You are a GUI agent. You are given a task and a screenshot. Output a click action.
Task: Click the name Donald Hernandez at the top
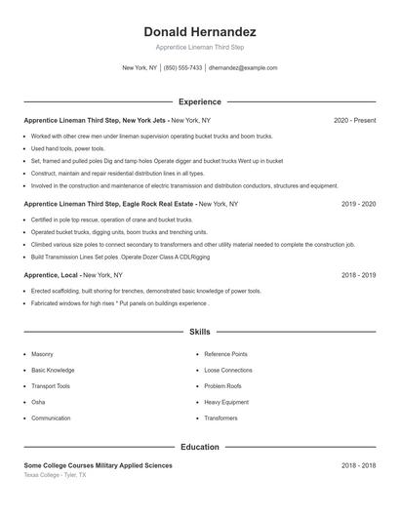pyautogui.click(x=200, y=31)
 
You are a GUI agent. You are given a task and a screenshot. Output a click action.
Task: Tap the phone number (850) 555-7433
pyautogui.click(x=182, y=68)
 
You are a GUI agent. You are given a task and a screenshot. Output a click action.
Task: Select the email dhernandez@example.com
pyautogui.click(x=243, y=68)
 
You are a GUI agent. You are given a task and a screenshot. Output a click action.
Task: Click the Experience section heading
pyautogui.click(x=200, y=101)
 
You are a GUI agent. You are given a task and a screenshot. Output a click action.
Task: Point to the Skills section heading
pyautogui.click(x=200, y=333)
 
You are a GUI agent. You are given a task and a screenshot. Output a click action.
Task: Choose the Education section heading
pyautogui.click(x=200, y=447)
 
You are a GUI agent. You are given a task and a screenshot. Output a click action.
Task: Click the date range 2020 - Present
pyautogui.click(x=354, y=120)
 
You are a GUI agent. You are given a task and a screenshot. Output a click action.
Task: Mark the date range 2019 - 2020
pyautogui.click(x=359, y=204)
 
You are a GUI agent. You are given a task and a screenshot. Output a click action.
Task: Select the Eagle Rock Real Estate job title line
pyautogui.click(x=131, y=204)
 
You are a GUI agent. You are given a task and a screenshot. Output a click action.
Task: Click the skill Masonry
pyautogui.click(x=42, y=354)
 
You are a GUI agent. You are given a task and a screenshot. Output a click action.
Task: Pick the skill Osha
pyautogui.click(x=38, y=402)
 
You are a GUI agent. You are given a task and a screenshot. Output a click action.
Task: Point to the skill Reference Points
pyautogui.click(x=225, y=354)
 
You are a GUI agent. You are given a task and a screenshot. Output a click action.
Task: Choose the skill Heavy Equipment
pyautogui.click(x=225, y=402)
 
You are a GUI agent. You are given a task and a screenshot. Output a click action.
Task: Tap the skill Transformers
pyautogui.click(x=220, y=418)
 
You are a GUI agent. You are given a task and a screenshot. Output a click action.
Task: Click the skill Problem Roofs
pyautogui.click(x=222, y=386)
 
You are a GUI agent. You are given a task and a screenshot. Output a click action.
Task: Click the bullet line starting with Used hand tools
pyautogui.click(x=60, y=148)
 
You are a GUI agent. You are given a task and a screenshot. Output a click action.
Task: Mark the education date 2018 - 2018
pyautogui.click(x=359, y=466)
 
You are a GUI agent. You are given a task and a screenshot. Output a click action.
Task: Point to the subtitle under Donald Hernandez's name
pyautogui.click(x=200, y=47)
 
